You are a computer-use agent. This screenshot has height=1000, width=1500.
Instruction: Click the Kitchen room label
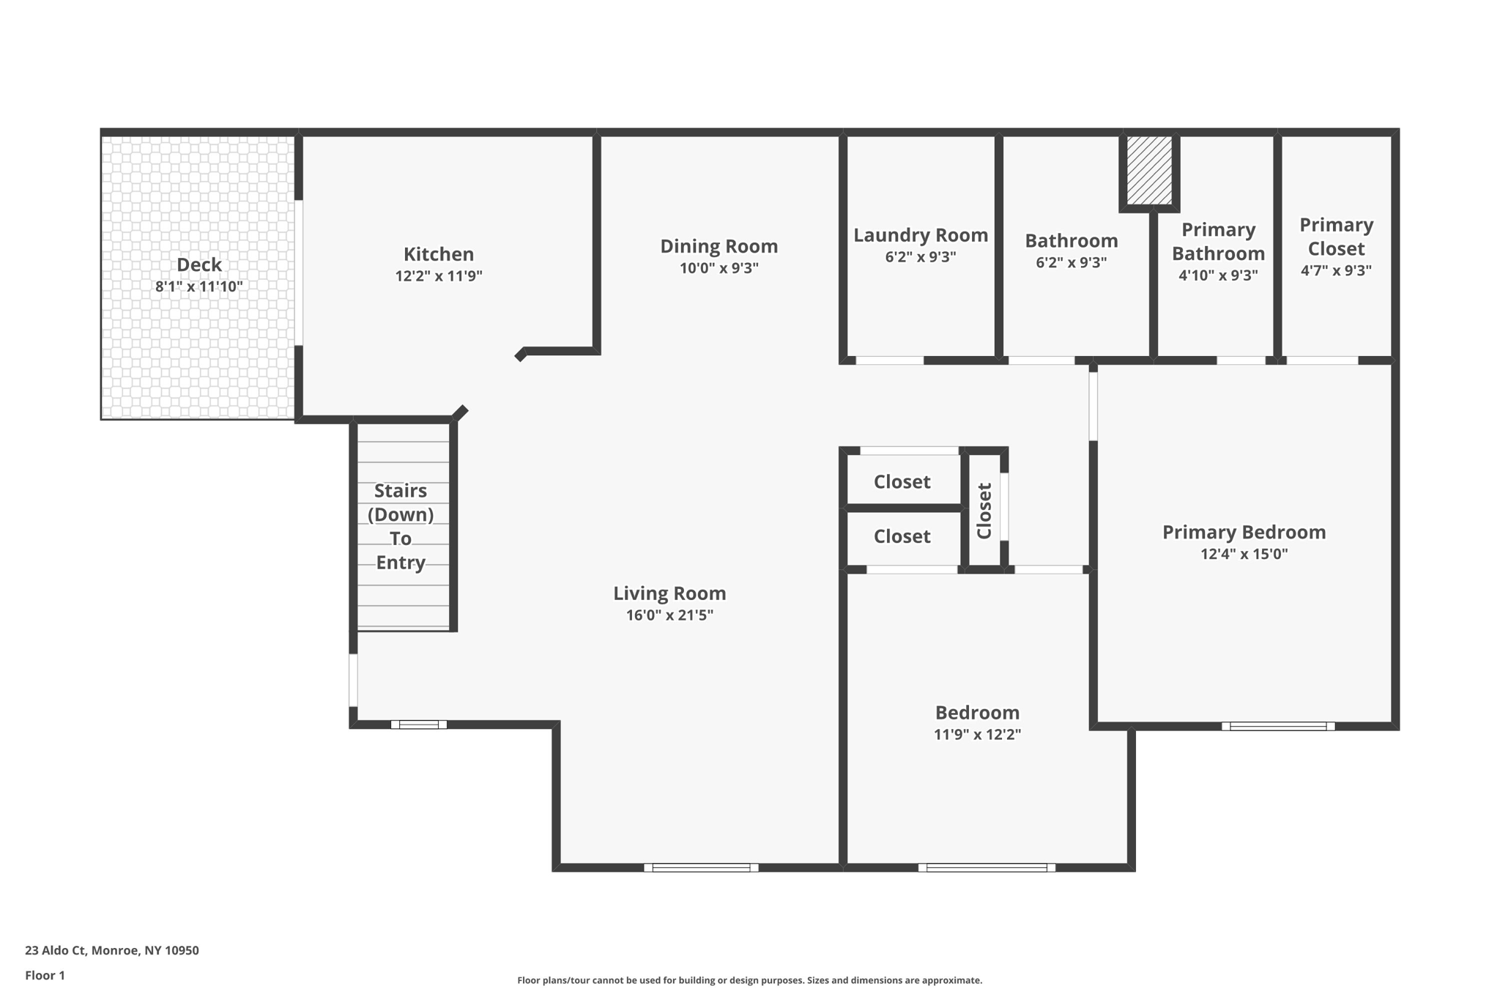439,254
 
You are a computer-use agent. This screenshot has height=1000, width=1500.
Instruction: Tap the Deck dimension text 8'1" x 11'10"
199,286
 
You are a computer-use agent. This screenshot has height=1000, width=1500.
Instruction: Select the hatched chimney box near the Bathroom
1148,171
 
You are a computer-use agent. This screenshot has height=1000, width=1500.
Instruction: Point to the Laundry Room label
921,235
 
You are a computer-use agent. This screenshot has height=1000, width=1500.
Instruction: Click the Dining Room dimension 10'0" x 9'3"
719,268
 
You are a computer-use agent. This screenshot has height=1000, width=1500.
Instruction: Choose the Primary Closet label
1337,237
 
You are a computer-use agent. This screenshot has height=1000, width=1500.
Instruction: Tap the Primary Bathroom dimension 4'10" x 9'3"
1218,275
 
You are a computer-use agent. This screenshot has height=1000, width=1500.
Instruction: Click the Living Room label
669,593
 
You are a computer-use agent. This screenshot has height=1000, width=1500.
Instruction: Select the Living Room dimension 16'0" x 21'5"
669,615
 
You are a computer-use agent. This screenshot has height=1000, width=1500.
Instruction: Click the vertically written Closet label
984,511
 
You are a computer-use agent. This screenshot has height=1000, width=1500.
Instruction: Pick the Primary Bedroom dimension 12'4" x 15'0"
1244,554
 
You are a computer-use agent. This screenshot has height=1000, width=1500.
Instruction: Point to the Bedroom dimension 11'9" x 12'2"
977,734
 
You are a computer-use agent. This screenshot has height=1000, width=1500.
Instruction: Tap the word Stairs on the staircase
401,491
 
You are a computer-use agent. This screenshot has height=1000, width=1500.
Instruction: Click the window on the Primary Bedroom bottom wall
1278,726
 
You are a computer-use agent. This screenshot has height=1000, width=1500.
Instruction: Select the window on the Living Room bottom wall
701,867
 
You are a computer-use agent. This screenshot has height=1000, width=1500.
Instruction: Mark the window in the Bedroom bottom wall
987,867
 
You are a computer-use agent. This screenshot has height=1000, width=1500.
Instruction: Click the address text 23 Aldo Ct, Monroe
92,950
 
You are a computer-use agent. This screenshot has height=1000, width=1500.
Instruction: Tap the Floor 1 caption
45,975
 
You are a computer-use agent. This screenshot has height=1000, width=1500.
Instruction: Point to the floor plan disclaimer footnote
749,980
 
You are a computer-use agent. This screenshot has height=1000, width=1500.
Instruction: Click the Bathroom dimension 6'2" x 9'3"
1071,262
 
